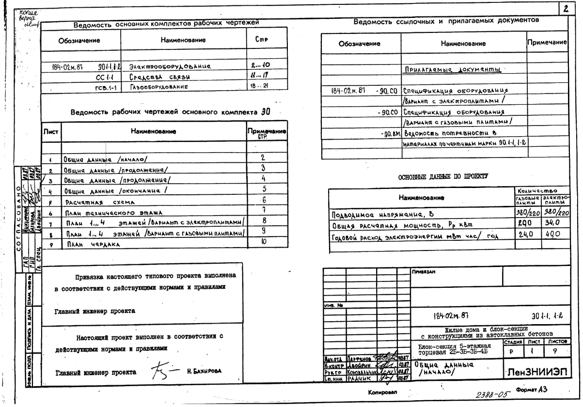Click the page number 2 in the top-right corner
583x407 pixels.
pyautogui.click(x=566, y=9)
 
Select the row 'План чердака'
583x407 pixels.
pyautogui.click(x=85, y=244)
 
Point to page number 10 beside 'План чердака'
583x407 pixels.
pyautogui.click(x=264, y=241)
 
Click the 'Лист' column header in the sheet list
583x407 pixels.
pyautogui.click(x=50, y=131)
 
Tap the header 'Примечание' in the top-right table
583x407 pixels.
pyautogui.click(x=547, y=43)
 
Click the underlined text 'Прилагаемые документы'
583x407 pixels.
pyautogui.click(x=452, y=70)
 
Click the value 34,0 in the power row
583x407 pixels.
pyautogui.click(x=552, y=224)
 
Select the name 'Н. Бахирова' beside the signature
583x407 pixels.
pyautogui.click(x=204, y=371)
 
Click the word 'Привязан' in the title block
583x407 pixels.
pyautogui.click(x=424, y=272)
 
